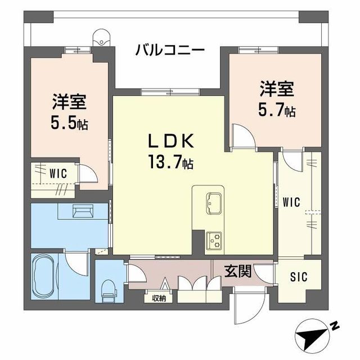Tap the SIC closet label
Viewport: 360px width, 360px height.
tap(298, 277)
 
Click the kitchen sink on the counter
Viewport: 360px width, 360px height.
tap(214, 201)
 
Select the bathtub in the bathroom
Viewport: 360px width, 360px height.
tap(45, 277)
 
